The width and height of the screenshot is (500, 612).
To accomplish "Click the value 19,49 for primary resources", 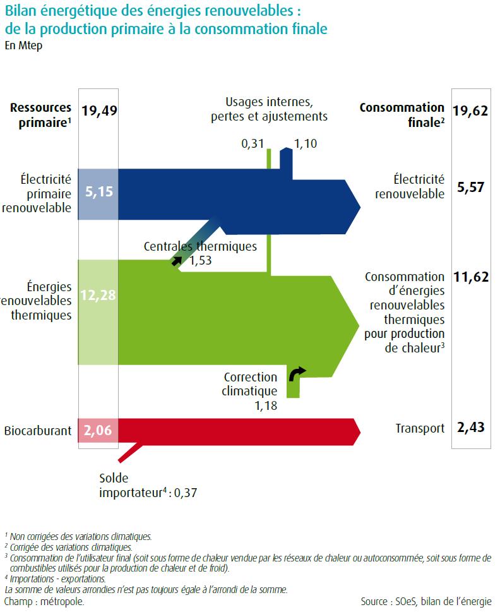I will (x=100, y=111).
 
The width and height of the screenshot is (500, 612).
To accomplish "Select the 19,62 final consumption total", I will (x=470, y=111).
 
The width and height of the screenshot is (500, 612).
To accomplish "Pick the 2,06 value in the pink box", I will (x=98, y=431).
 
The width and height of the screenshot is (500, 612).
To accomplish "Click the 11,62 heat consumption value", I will (x=470, y=277).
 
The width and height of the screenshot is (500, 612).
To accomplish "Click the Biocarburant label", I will (x=37, y=432).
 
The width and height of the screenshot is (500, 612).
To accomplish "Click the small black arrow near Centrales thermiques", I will (x=177, y=260).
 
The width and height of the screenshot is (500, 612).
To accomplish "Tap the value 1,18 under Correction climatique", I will (x=265, y=405).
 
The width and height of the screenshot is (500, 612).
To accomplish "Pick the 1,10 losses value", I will (x=306, y=144).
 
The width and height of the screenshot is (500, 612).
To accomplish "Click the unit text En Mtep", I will (x=23, y=46).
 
